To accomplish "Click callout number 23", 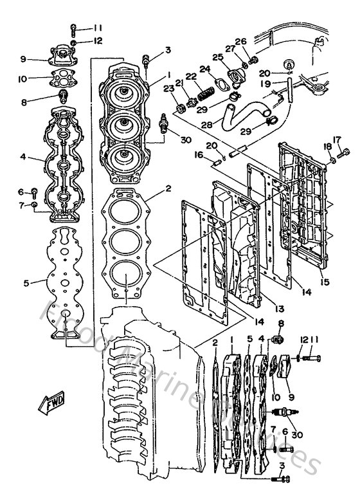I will [x=168, y=89].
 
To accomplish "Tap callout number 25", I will [x=218, y=57].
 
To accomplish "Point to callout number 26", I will [x=240, y=42].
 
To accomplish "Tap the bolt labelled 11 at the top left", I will [x=74, y=28].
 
